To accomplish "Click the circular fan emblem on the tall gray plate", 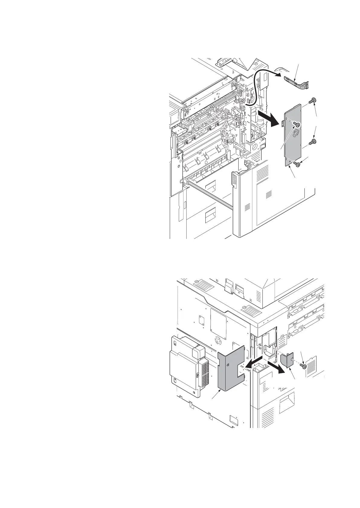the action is pyautogui.click(x=294, y=133).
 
